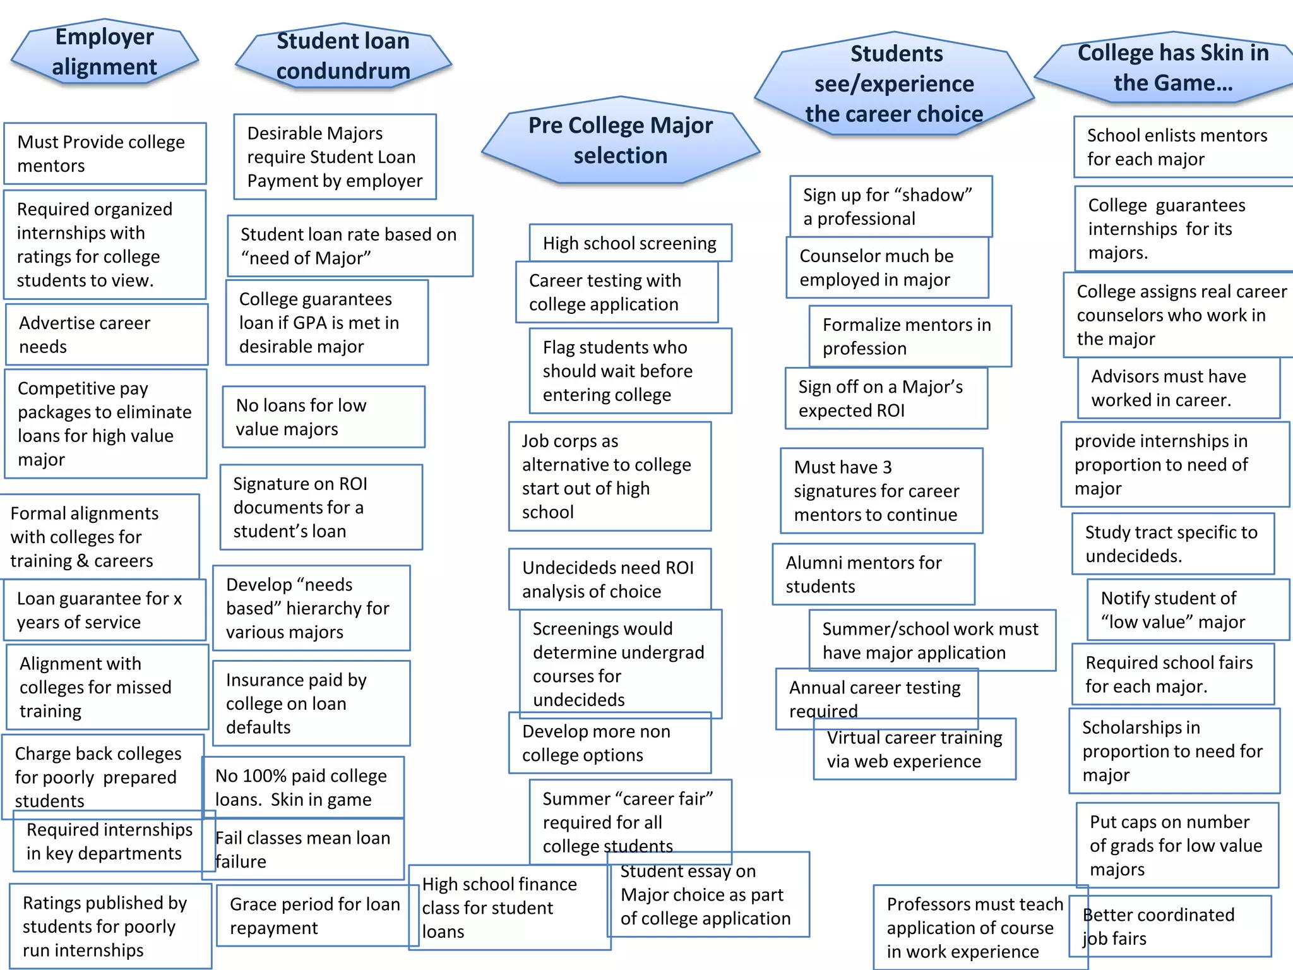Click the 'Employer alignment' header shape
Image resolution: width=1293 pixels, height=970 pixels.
coord(104,52)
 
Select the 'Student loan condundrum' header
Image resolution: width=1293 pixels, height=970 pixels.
coord(343,56)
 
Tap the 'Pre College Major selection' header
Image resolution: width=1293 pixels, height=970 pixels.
coord(620,140)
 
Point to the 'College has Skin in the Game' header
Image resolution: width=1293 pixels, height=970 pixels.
coord(1172,68)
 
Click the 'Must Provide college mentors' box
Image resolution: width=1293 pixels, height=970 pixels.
coord(105,153)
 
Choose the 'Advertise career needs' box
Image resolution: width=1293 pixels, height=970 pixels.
coord(106,335)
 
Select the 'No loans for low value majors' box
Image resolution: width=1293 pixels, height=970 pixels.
coord(323,417)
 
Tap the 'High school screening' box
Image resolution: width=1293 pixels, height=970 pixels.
coord(629,243)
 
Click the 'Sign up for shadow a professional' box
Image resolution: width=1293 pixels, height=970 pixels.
coord(890,207)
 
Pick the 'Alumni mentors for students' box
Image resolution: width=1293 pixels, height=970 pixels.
coord(873,574)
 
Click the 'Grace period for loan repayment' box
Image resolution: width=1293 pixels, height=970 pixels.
coord(314,916)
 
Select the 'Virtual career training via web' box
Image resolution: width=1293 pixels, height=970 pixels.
coord(914,749)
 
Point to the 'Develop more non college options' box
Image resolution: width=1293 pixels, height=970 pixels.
coord(609,743)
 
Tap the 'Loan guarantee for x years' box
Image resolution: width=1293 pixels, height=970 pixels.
coord(105,610)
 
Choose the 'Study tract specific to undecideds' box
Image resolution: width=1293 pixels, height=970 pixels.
coord(1172,544)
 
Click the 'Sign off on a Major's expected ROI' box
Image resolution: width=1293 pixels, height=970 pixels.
coord(886,398)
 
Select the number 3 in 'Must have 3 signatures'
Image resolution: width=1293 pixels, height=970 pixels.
coord(887,467)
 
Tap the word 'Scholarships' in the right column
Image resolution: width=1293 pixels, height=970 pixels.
coord(1141,727)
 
